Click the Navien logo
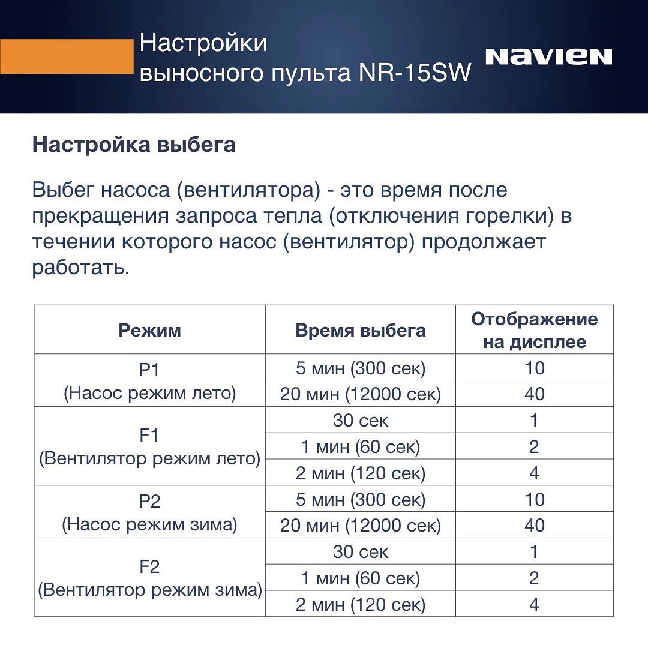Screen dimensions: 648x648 (548, 56)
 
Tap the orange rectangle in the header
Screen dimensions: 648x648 (66, 56)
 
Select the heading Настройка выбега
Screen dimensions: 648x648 (134, 145)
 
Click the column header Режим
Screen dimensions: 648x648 (149, 330)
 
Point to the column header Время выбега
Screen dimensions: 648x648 (361, 330)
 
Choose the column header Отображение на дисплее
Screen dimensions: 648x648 (534, 330)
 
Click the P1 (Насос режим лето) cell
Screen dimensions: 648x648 (149, 381)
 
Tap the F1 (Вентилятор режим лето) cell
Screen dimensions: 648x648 (149, 446)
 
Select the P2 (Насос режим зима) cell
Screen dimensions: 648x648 (149, 512)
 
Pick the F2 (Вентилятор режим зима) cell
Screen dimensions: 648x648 (149, 578)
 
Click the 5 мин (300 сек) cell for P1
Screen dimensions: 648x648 (361, 368)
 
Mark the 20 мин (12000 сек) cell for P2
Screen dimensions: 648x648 (361, 526)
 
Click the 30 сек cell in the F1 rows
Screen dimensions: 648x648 (361, 421)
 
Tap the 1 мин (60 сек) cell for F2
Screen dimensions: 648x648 (361, 578)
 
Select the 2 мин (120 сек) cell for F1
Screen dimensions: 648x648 (361, 473)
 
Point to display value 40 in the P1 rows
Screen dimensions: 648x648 (534, 394)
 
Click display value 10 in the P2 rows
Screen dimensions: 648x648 (534, 499)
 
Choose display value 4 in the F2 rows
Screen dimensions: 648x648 (534, 604)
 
